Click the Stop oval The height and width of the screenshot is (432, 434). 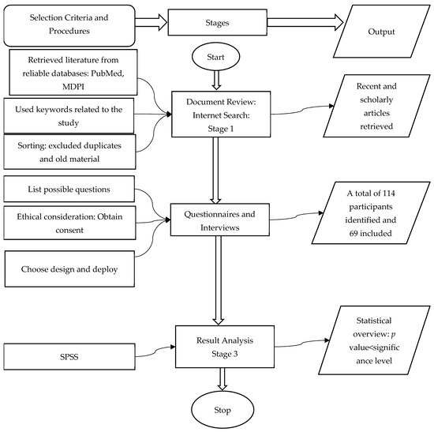(x=214, y=410)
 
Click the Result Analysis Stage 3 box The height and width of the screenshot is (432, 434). (x=214, y=348)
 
